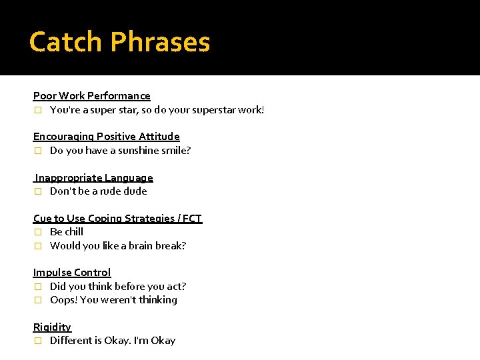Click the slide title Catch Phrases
(120, 42)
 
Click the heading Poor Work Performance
(92, 96)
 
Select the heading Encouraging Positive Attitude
(107, 137)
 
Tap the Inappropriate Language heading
(94, 178)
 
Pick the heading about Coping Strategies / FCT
(117, 219)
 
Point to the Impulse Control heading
(72, 273)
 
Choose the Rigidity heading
(52, 327)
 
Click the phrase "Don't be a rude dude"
(98, 191)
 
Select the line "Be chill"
(67, 232)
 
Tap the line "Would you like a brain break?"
(118, 246)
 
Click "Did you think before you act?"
(118, 287)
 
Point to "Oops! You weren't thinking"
(113, 300)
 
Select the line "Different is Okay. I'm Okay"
(113, 341)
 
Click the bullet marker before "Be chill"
(38, 232)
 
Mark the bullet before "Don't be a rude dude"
(38, 191)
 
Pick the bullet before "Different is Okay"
(38, 341)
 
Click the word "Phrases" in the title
(161, 42)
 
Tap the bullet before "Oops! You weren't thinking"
(38, 300)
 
